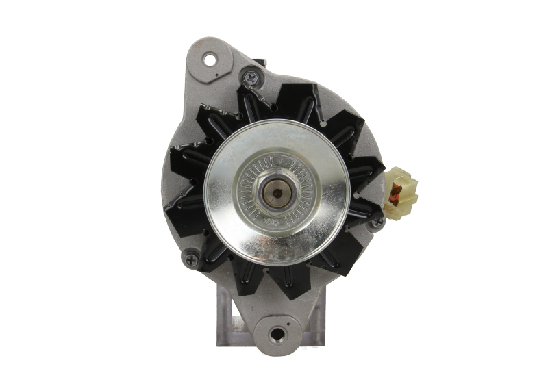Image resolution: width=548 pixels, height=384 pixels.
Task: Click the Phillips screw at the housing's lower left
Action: click(x=189, y=259)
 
